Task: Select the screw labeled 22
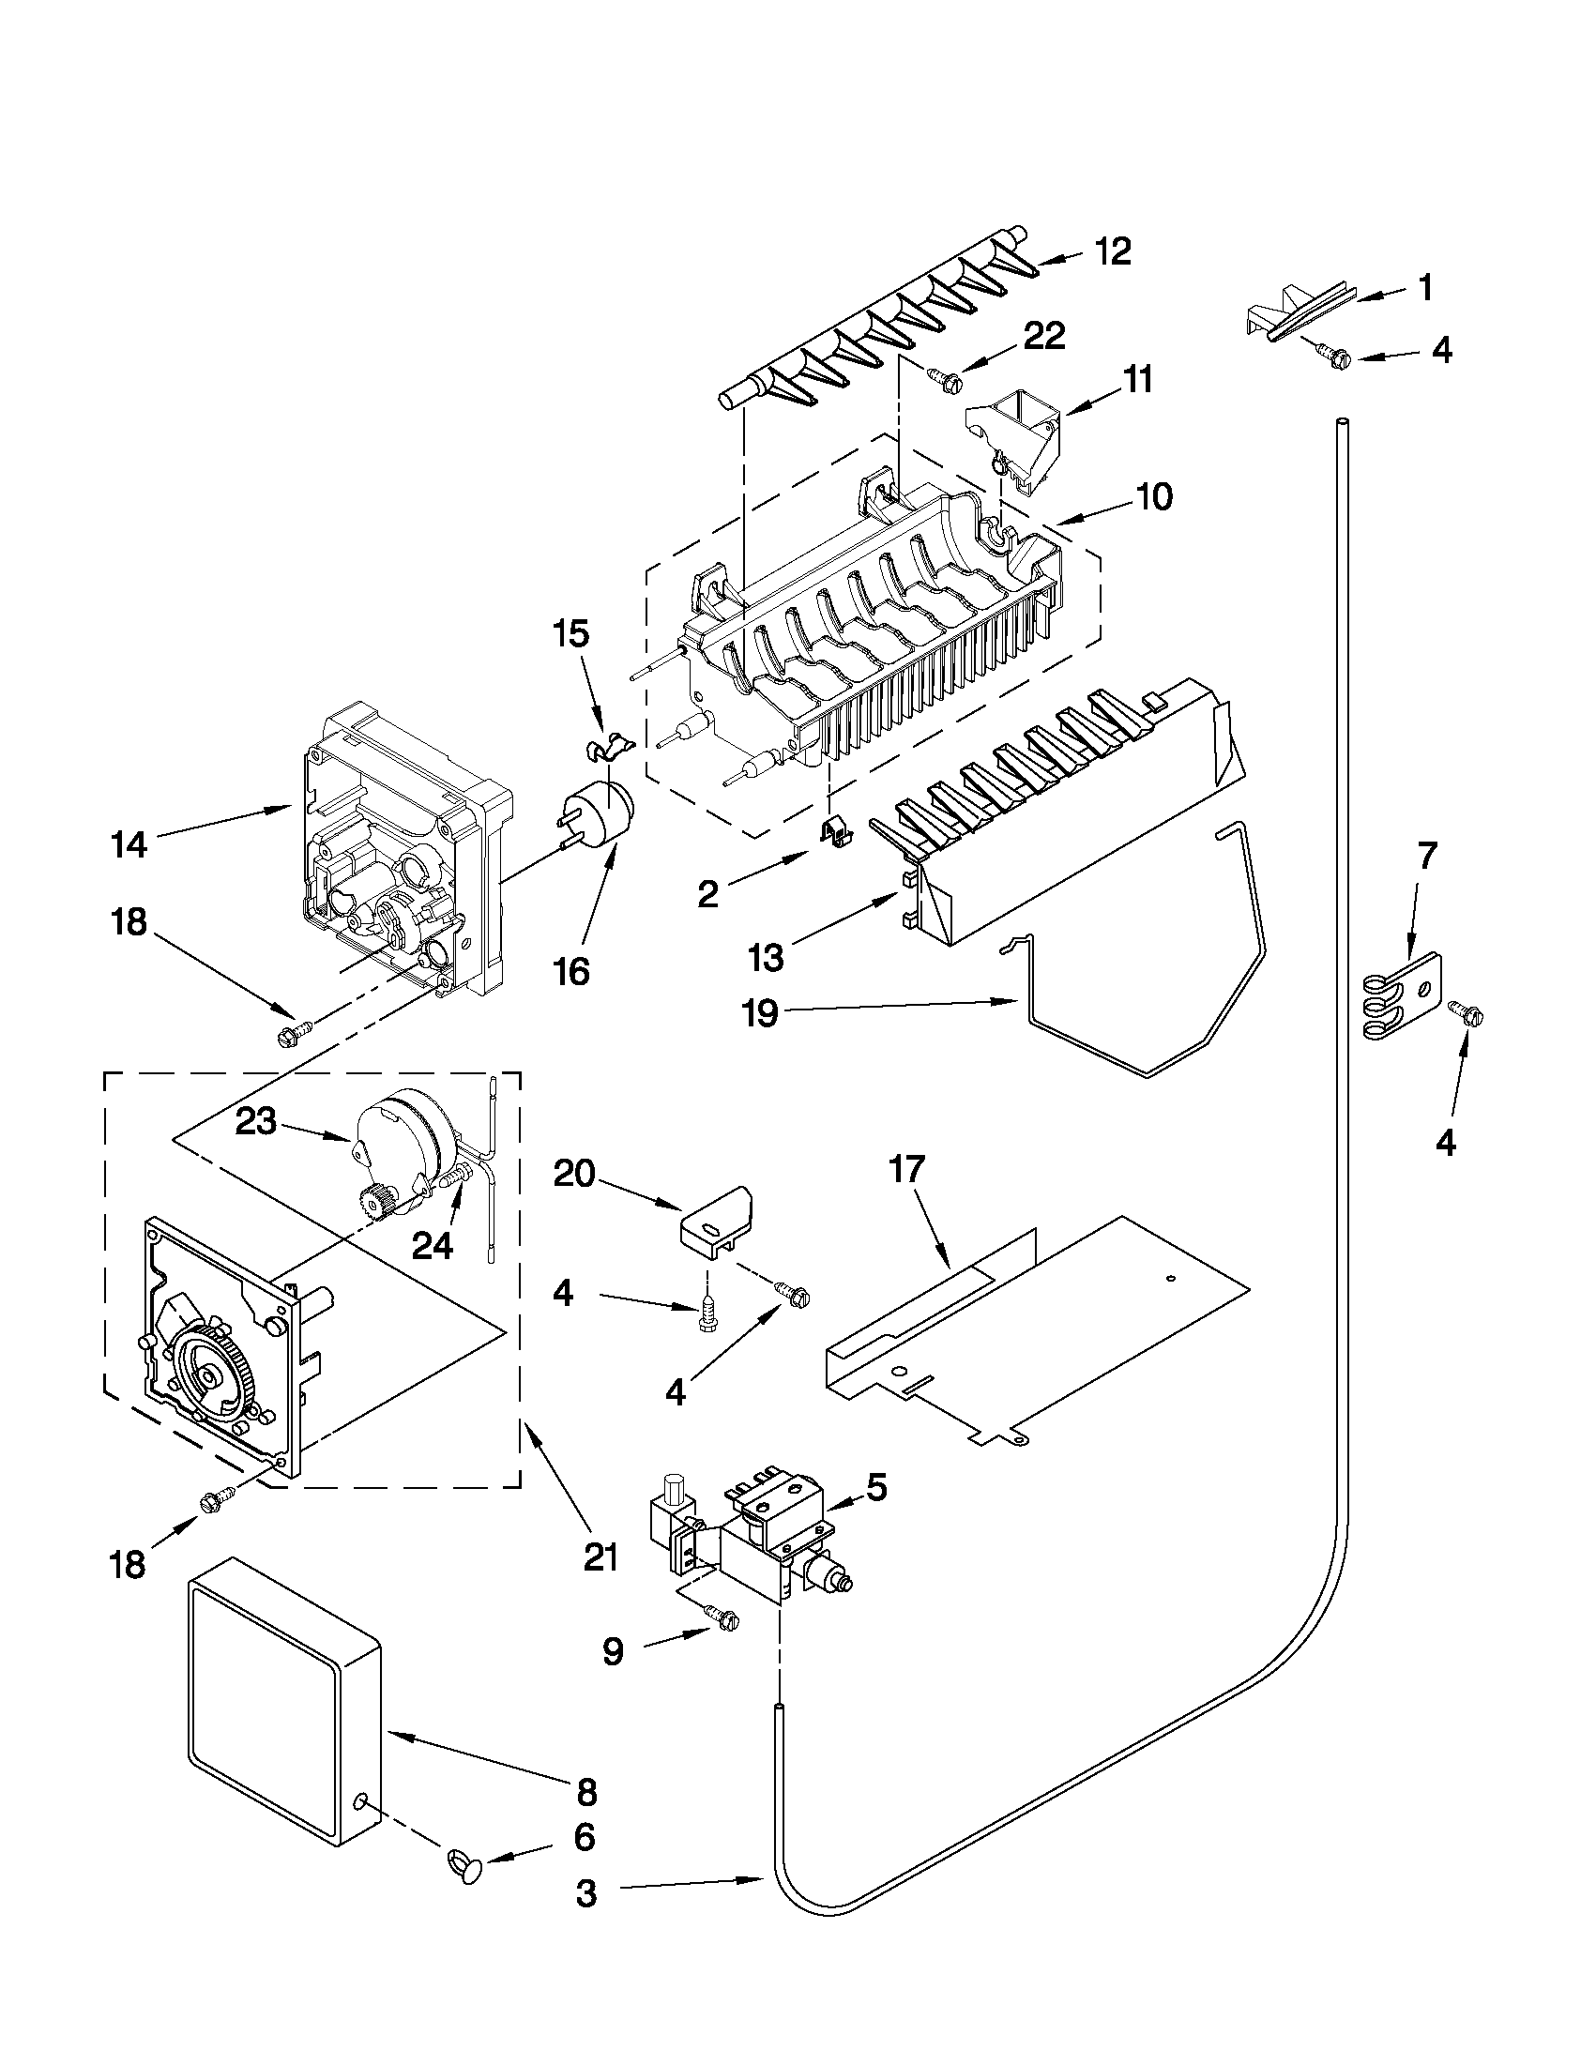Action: (946, 379)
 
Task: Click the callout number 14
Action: (129, 844)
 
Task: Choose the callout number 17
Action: (904, 1170)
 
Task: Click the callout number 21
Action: (600, 1555)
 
